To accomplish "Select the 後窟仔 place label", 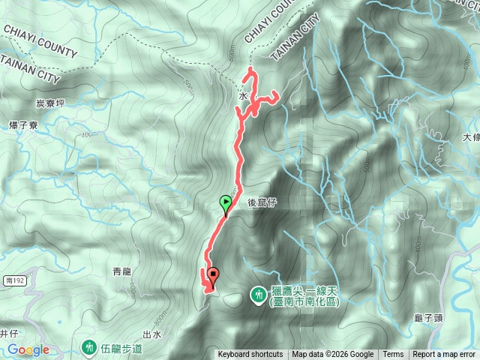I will coord(262,202).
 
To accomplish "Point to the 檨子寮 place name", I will coord(22,124).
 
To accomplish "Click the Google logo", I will coord(28,350).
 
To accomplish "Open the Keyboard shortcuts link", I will coord(250,355).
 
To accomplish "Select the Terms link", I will coord(393,355).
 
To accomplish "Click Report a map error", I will coord(443,355).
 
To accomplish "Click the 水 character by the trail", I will coord(243,97).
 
